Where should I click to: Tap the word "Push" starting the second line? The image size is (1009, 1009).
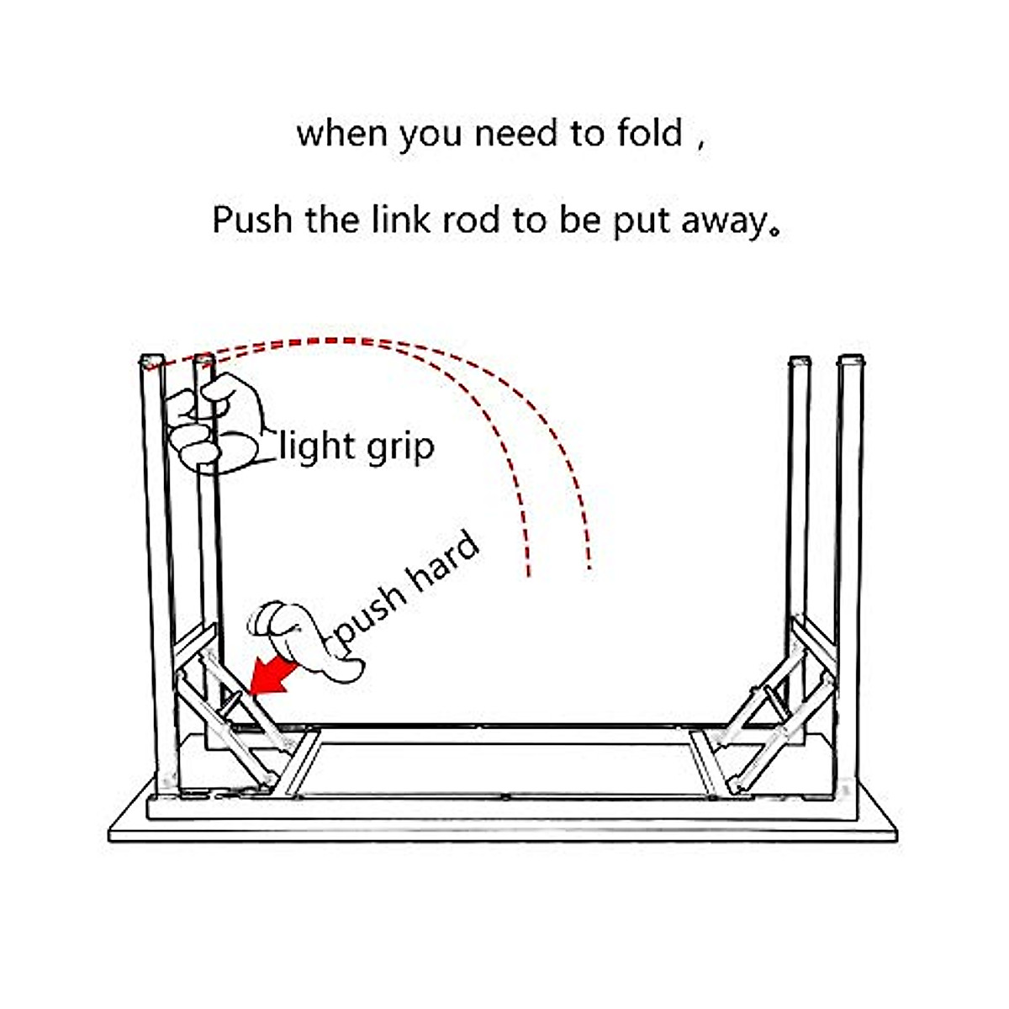pyautogui.click(x=252, y=219)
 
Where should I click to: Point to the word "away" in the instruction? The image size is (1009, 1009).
pyautogui.click(x=724, y=223)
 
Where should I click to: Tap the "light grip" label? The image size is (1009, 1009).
pyautogui.click(x=357, y=446)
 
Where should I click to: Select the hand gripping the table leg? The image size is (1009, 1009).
pyautogui.click(x=219, y=423)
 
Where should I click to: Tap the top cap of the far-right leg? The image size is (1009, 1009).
pyautogui.click(x=851, y=360)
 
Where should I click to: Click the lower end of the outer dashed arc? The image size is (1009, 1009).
pyautogui.click(x=590, y=568)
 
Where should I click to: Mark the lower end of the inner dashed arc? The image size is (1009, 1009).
pyautogui.click(x=528, y=575)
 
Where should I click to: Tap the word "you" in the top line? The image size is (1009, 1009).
pyautogui.click(x=431, y=137)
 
